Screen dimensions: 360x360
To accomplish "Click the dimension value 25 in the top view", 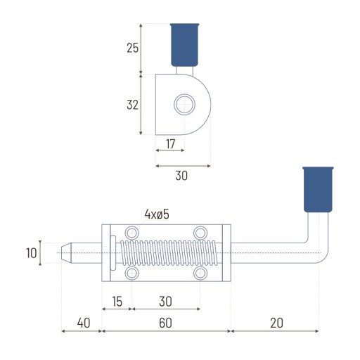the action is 133,48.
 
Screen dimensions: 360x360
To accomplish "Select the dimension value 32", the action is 132,105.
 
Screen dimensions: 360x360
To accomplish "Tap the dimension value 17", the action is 171,143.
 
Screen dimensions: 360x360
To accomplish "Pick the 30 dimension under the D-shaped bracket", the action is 181,176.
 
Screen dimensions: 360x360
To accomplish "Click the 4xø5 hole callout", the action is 157,214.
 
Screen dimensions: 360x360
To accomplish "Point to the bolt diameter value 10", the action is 32,253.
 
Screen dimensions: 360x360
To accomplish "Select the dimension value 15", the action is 117,302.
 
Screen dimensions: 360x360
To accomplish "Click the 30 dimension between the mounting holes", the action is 165,302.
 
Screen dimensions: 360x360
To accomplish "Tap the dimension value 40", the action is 84,323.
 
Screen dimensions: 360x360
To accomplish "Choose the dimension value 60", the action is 165,323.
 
